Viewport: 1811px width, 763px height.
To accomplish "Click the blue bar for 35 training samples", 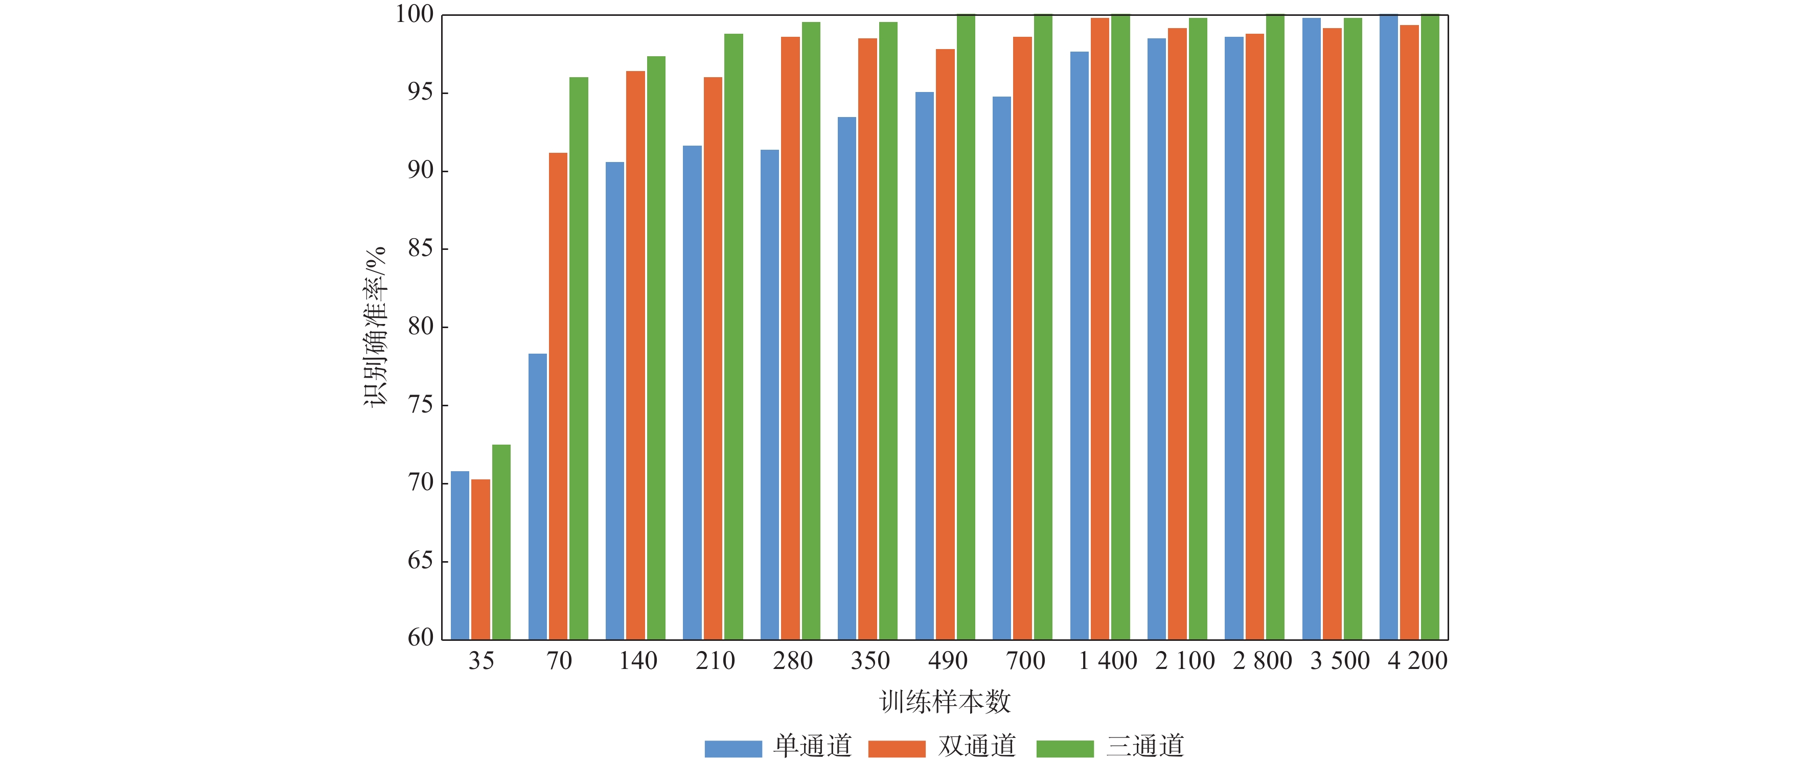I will (460, 555).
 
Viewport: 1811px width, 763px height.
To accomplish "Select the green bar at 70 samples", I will (579, 358).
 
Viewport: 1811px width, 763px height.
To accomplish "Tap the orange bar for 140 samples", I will (635, 355).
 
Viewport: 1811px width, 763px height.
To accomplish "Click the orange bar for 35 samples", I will (480, 559).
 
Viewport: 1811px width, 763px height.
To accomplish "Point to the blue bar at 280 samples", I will (769, 394).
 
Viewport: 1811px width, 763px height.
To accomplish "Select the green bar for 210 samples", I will (733, 337).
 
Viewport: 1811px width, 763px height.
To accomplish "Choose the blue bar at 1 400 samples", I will (1079, 345).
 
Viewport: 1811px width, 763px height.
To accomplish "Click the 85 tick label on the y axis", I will (420, 249).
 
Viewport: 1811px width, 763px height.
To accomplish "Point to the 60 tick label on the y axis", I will (420, 637).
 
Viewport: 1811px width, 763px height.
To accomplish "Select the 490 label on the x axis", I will (948, 660).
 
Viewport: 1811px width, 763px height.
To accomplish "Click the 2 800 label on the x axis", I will (1262, 660).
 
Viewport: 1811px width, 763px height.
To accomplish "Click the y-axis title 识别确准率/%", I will (375, 326).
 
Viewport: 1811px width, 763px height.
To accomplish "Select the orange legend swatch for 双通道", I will (897, 748).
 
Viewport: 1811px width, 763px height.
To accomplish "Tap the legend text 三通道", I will (1145, 746).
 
